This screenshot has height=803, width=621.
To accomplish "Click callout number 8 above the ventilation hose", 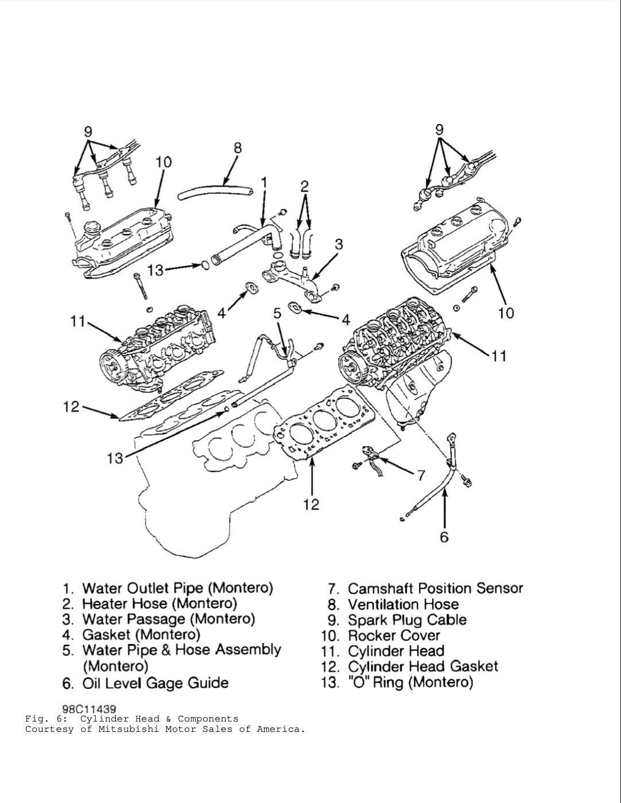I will click(x=238, y=148).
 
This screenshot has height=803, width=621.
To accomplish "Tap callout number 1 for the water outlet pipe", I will click(x=264, y=182).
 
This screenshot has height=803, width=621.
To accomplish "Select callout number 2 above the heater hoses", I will click(x=305, y=186).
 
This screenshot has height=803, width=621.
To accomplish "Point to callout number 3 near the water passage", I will click(x=339, y=244).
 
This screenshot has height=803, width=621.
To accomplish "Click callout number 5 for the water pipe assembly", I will click(x=277, y=313).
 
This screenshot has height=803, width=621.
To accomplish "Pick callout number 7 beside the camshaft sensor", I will click(x=421, y=475).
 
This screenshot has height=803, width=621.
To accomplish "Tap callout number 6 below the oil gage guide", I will click(x=444, y=537).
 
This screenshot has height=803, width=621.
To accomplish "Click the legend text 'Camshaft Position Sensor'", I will click(x=435, y=588).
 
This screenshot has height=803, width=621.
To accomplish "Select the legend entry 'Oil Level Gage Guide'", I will click(x=155, y=683).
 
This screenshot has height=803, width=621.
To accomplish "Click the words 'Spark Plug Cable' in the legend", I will click(x=407, y=620).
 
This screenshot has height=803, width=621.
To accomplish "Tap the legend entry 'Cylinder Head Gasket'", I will click(x=422, y=666).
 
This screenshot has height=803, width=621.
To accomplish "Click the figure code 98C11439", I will click(x=89, y=710).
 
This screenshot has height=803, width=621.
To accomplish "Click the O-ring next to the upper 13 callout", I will click(x=204, y=266).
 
